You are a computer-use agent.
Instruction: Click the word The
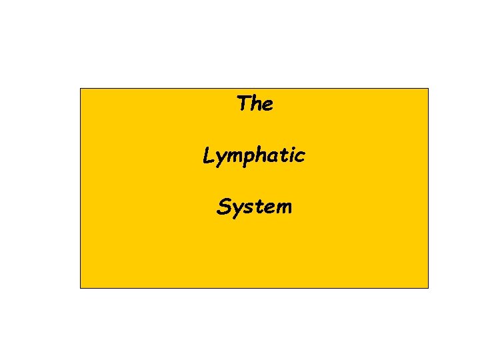(x=255, y=104)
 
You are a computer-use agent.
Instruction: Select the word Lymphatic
(x=254, y=157)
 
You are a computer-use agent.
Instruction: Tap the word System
(x=254, y=207)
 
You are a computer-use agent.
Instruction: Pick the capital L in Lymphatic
(x=209, y=155)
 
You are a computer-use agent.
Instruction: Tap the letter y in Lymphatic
(x=221, y=159)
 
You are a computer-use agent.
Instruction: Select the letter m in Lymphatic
(x=234, y=157)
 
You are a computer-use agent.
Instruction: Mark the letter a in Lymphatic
(x=274, y=157)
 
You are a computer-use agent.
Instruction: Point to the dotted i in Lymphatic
(x=292, y=155)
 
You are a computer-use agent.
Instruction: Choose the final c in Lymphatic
(x=301, y=157)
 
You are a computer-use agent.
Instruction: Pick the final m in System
(x=283, y=208)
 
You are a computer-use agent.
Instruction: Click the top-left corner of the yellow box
(x=81, y=89)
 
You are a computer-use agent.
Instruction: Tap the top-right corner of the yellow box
(x=428, y=89)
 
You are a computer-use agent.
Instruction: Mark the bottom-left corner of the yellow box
(x=81, y=287)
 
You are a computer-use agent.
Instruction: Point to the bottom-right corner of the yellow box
(x=428, y=287)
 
